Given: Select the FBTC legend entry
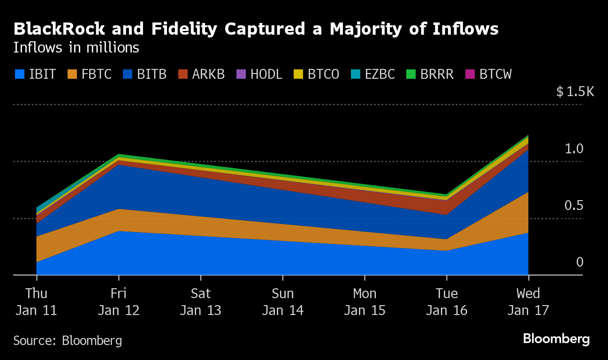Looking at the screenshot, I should point(89,74).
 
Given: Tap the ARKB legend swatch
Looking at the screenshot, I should point(183,74).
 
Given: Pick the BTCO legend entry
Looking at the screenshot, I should point(316,74).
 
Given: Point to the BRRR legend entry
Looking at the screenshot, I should point(430,74).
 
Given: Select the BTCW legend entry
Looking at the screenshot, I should point(488,74).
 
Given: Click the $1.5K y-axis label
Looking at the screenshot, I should point(575,92).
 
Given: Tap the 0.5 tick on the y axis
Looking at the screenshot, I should point(574,206).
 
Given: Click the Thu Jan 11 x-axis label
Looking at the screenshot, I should point(37,302).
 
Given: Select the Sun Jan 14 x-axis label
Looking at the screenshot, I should point(283,302).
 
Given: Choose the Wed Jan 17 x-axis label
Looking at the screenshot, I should point(528,302).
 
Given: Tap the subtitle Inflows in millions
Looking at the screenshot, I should point(76,48).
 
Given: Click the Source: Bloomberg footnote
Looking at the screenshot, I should point(68,340).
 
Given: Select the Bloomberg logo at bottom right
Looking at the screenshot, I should point(556,339).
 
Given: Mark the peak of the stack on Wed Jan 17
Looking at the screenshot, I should point(528,136).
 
